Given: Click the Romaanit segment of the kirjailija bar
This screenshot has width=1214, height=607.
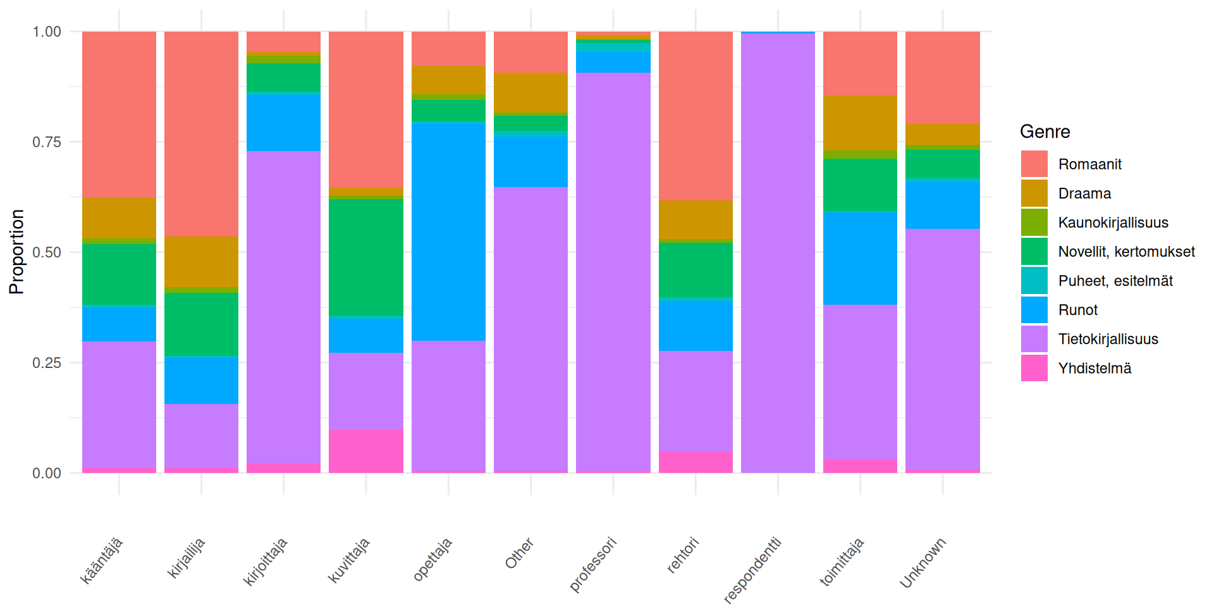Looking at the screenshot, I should tap(201, 133).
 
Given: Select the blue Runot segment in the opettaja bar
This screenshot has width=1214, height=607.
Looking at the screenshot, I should tap(448, 231).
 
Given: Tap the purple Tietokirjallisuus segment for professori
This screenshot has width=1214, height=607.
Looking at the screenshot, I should tap(613, 272).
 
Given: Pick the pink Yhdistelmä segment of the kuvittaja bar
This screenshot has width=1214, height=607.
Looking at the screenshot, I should tap(366, 451).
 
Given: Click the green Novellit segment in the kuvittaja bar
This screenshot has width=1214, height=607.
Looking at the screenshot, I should tap(366, 257).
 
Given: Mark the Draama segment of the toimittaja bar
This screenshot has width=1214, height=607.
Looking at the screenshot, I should tap(860, 123).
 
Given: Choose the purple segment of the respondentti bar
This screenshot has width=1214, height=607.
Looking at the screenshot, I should tap(778, 253).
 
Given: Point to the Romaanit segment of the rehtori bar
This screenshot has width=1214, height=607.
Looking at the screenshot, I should tap(696, 116).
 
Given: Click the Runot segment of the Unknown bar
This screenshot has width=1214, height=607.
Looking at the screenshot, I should tap(942, 205).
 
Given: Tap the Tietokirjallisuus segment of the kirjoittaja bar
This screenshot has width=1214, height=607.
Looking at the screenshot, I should tap(283, 307).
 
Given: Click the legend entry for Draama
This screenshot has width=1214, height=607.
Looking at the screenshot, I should tap(1084, 193).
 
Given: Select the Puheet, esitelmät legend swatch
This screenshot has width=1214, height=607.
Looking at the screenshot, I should tap(1034, 281).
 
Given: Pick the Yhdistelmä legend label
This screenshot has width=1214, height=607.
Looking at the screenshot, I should tap(1094, 368).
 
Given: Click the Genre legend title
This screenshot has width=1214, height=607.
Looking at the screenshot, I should tap(1045, 132).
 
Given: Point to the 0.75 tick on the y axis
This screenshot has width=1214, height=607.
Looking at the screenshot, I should tap(47, 142).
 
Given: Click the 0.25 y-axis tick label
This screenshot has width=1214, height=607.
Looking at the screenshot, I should tap(47, 362).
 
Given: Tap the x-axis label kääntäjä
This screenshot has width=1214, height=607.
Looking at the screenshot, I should tap(102, 560).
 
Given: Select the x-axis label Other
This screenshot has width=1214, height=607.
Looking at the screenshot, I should tap(519, 553).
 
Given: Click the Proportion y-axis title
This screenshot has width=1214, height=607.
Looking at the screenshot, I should tap(16, 252).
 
